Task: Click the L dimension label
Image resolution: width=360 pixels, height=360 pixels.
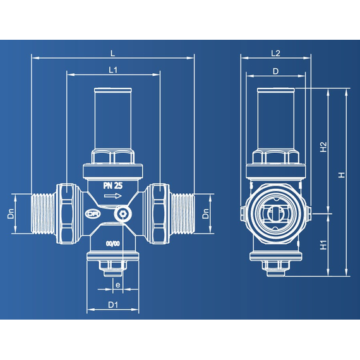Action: (x=112, y=54)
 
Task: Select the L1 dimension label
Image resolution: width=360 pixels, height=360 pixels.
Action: (x=113, y=70)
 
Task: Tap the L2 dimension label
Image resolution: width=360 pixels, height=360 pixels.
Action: (x=275, y=53)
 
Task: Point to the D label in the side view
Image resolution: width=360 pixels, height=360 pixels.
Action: (x=275, y=71)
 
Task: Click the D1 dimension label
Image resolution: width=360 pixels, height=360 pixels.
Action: (x=113, y=305)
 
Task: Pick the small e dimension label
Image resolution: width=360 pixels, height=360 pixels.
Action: (x=117, y=285)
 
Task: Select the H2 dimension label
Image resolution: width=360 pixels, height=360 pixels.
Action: (x=323, y=147)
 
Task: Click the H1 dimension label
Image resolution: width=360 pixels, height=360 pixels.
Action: (x=323, y=245)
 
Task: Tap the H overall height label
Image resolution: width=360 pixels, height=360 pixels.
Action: (x=342, y=175)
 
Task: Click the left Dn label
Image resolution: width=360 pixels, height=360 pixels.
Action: (x=11, y=213)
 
